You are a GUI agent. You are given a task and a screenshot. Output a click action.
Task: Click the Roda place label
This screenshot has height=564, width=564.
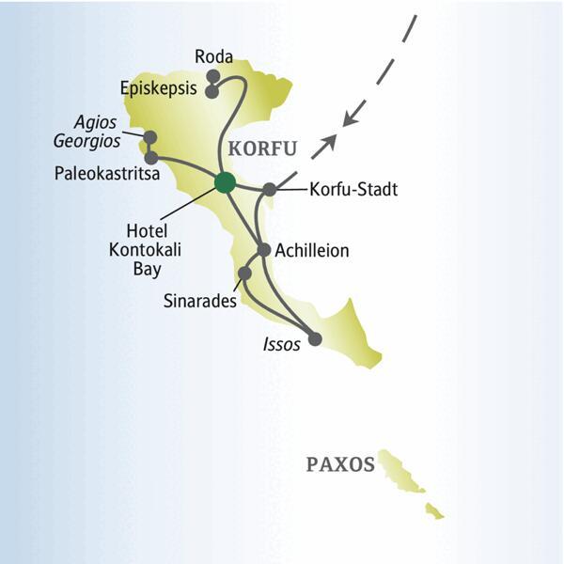coord(213,57)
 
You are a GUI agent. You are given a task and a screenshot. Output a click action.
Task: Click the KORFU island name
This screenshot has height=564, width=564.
coord(262,149)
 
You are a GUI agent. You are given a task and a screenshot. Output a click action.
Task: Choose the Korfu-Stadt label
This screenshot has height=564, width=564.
coord(353,190)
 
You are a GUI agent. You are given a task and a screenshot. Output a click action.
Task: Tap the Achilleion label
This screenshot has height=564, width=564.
coord(312,251)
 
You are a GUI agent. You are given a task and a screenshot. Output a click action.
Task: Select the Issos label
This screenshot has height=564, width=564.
coord(282,345)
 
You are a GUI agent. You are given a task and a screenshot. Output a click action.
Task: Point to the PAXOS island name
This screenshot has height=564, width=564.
coord(340,464)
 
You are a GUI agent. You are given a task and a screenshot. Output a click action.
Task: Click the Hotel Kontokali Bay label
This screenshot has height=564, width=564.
coord(157,249)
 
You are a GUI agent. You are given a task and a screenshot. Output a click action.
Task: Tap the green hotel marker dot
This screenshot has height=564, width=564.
coord(225,182)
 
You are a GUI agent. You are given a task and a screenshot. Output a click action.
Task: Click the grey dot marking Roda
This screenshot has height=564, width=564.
coord(213,75)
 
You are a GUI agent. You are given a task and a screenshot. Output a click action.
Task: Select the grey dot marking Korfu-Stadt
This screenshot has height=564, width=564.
coord(270,190)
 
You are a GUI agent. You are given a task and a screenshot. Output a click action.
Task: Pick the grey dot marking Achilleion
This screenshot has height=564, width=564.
coord(264,250)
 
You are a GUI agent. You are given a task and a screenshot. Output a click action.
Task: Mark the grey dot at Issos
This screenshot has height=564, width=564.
coord(315,338)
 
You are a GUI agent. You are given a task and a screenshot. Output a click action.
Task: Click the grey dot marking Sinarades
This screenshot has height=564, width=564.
coord(244,273)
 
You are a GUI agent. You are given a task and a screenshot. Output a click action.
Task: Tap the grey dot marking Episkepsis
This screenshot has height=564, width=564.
coord(212,92)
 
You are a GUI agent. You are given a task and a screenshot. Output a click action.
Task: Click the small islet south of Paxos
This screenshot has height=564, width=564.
coord(434,511)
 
